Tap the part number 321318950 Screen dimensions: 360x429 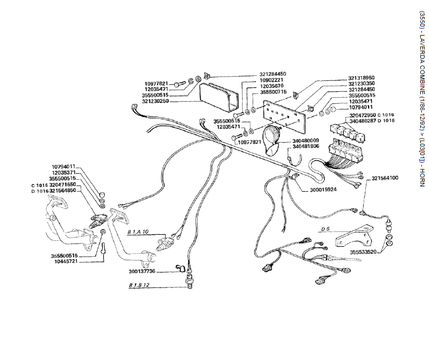tap(361, 77)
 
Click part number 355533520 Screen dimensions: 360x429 tap(363, 252)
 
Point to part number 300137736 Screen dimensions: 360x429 tap(142, 272)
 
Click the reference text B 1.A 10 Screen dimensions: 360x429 tap(137, 232)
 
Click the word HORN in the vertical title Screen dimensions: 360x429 tap(421, 175)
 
